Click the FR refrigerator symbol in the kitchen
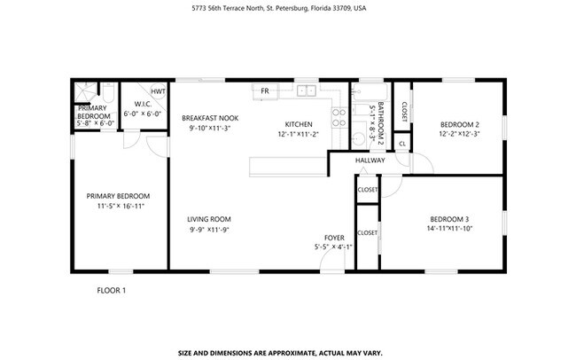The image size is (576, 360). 264,90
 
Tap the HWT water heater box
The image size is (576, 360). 157,91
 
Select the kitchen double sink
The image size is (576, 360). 307,90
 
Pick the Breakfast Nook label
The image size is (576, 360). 209,118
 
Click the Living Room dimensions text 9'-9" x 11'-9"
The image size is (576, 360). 209,230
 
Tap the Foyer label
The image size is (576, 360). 334,238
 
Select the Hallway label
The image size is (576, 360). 370,160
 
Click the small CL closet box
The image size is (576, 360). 402,143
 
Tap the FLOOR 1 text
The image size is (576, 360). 112,289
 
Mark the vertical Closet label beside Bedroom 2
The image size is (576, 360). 404,110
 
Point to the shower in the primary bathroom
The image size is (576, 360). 84,91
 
